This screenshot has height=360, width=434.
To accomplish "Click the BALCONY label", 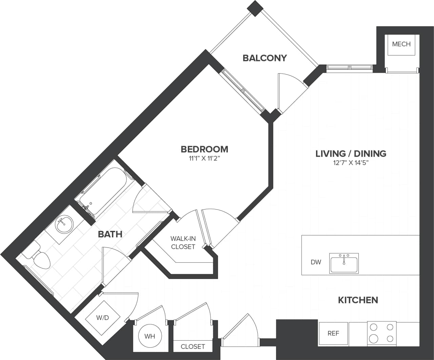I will [264, 58].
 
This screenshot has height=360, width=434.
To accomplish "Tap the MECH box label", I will [401, 44].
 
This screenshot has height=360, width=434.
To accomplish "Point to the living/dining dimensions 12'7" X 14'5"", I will [351, 163].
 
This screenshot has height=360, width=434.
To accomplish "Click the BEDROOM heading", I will [204, 149].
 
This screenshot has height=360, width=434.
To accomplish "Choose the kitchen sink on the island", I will [344, 263].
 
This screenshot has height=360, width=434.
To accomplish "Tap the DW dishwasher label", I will [316, 262].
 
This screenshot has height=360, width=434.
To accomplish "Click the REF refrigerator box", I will [333, 334].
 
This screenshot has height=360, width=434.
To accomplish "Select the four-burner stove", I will [382, 333].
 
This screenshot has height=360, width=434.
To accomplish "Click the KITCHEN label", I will [358, 300].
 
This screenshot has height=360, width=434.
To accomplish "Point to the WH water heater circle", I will [150, 336].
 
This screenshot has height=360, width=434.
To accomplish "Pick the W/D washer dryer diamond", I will [102, 318].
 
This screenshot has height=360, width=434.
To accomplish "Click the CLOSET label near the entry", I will [193, 346].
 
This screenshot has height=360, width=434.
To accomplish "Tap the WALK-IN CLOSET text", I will [183, 243].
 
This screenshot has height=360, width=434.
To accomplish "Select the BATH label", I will [110, 234].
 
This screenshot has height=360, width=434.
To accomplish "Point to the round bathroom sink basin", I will [64, 224].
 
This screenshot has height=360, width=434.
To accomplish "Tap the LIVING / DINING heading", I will [351, 154].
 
